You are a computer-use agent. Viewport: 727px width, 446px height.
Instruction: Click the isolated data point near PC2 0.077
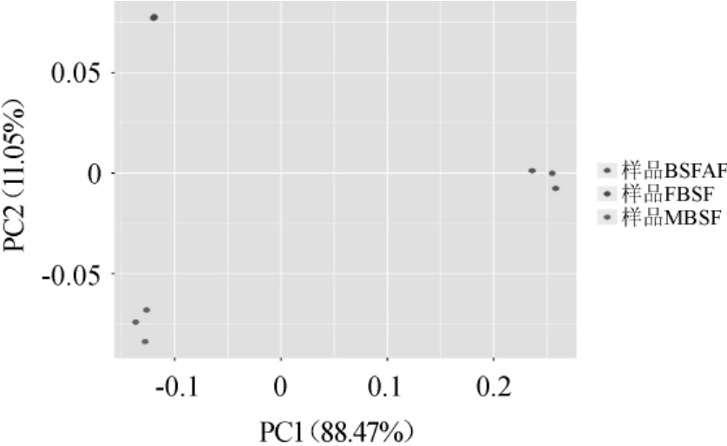click(154, 17)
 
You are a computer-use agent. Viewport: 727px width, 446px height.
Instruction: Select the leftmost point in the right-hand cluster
click(532, 171)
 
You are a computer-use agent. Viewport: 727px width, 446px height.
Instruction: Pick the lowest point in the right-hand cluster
click(555, 188)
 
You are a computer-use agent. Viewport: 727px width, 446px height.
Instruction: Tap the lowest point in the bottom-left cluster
click(145, 342)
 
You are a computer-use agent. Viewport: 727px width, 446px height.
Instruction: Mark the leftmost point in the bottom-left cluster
click(135, 322)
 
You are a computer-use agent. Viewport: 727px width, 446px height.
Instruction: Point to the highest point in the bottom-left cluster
click(147, 310)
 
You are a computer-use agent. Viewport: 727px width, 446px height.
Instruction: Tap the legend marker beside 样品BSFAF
click(607, 171)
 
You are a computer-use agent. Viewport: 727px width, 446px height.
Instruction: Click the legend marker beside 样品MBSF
click(607, 216)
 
